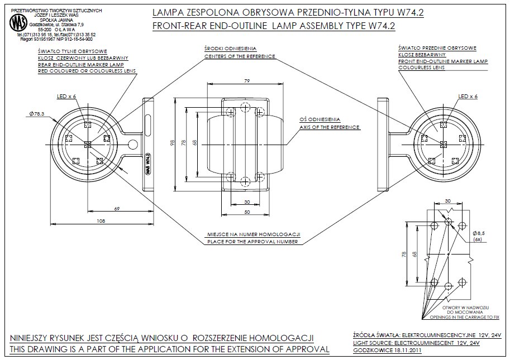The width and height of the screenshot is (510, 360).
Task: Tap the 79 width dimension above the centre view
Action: coord(247,81)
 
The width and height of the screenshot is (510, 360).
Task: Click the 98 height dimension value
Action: coord(173,143)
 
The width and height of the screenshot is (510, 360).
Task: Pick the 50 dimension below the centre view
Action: coord(246,212)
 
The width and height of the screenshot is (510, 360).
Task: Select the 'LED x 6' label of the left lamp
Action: coord(66,97)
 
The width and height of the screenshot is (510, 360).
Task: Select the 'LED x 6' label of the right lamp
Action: coord(467,97)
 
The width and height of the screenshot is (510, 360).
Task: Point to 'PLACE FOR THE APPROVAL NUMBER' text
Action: coord(254,242)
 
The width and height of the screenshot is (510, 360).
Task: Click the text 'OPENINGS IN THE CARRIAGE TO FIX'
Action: coord(464,316)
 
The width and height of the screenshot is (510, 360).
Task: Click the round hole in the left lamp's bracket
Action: coord(133,145)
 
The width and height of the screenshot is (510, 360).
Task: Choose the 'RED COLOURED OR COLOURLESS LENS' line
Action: coord(83,71)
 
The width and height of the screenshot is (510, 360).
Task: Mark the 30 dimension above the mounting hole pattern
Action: coord(447,201)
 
